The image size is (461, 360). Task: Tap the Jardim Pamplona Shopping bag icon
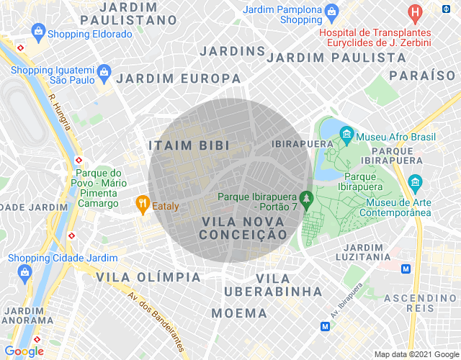[x=331, y=12]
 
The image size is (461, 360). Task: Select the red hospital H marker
[x=415, y=12]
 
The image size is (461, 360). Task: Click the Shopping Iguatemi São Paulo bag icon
[x=104, y=72]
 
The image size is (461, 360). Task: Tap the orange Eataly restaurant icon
[x=143, y=204]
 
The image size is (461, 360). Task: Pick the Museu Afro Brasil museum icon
[x=346, y=134]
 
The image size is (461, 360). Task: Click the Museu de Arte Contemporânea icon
[x=415, y=181]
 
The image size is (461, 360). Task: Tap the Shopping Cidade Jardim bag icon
[x=26, y=271]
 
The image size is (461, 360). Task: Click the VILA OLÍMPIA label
[x=148, y=277]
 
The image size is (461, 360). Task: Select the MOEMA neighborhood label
[x=239, y=313]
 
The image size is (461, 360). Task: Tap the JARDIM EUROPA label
[x=179, y=78]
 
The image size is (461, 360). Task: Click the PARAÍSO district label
[x=422, y=75]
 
